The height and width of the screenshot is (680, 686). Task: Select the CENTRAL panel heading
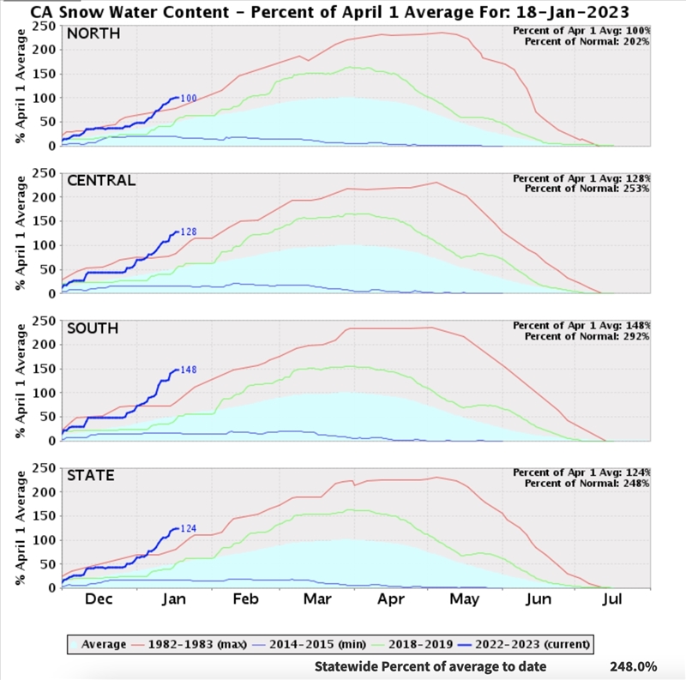[x=101, y=180]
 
